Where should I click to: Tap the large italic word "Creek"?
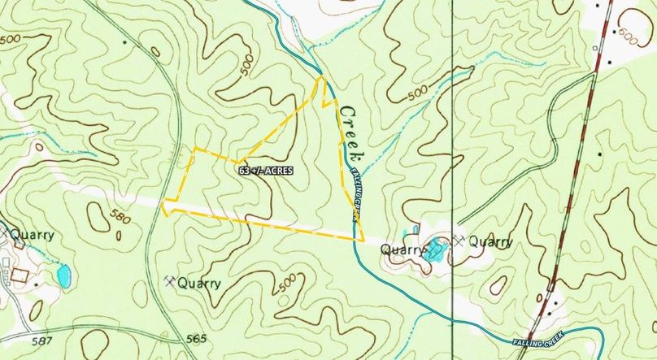click(x=352, y=133)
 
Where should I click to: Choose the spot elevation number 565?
click(x=197, y=338)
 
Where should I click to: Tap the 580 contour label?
click(x=117, y=217)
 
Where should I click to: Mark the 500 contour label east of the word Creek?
click(x=417, y=93)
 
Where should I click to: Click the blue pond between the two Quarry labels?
click(x=437, y=249)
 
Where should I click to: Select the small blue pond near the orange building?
click(x=63, y=276)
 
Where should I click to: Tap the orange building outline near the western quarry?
click(x=19, y=275)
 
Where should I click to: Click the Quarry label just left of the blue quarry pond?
click(x=404, y=250)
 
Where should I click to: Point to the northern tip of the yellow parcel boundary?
click(x=321, y=78)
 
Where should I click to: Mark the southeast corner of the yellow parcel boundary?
click(x=362, y=241)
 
